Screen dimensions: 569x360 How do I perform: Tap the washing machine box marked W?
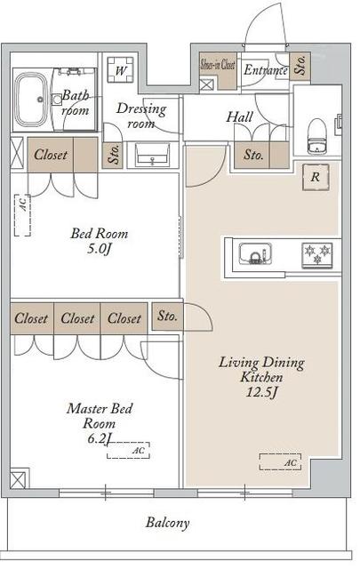coord(120,69)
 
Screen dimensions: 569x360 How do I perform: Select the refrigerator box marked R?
coord(315,176)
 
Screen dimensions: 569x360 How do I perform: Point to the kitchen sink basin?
coord(257,257)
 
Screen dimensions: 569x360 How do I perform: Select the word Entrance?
coord(265,70)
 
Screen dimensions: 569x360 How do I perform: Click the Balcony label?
coord(168,523)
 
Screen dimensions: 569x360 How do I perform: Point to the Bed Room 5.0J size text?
coord(100,250)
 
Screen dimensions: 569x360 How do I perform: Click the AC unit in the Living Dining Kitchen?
coord(281,461)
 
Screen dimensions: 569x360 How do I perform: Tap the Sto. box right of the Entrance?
coord(301,66)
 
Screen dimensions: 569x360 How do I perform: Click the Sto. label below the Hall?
coord(253,156)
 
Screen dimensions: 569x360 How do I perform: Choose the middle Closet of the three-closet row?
coord(78,318)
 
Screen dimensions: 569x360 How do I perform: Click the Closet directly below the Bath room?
coord(51,154)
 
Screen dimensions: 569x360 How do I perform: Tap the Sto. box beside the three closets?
coord(166,316)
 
